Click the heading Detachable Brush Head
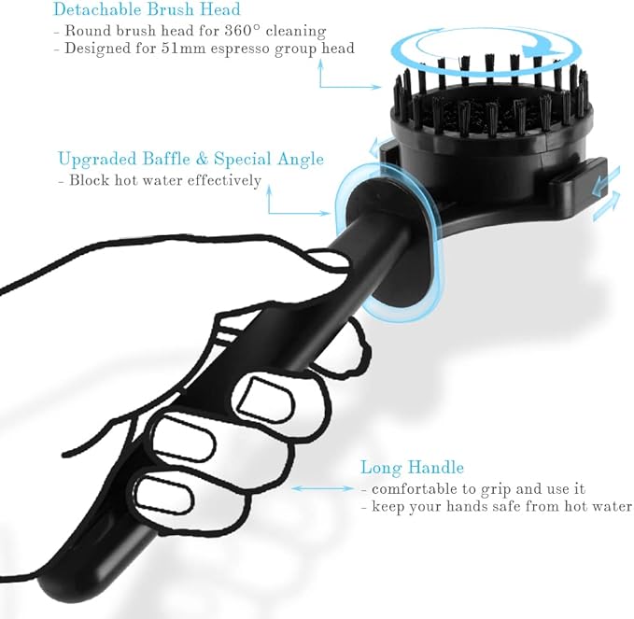click(147, 9)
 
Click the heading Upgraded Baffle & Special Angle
click(190, 160)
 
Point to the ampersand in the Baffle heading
click(202, 159)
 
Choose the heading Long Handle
click(412, 467)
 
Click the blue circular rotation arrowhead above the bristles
click(540, 50)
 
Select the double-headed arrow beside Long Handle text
click(322, 488)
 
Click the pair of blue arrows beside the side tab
click(606, 194)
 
